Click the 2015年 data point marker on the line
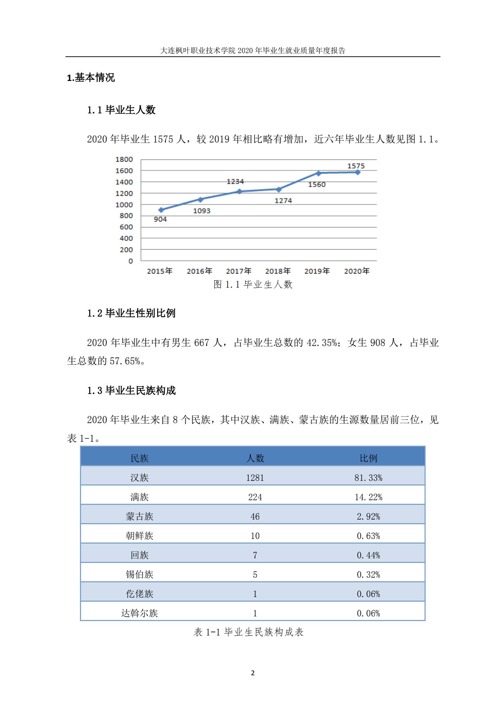click(161, 210)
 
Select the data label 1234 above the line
click(235, 181)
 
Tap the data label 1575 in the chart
click(356, 166)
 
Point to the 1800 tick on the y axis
click(124, 159)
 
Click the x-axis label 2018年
click(278, 271)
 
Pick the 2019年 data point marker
click(318, 173)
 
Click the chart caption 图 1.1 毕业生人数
click(253, 284)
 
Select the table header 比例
click(368, 458)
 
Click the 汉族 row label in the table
click(140, 478)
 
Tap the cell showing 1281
click(255, 478)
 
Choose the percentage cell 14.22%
click(368, 497)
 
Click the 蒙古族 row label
click(140, 516)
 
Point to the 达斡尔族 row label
click(140, 613)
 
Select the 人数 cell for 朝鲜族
click(255, 536)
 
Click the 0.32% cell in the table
click(368, 575)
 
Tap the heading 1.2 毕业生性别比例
click(131, 313)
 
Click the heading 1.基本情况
click(91, 77)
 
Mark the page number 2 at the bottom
click(253, 673)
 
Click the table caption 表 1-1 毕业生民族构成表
click(249, 632)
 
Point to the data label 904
click(160, 219)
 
